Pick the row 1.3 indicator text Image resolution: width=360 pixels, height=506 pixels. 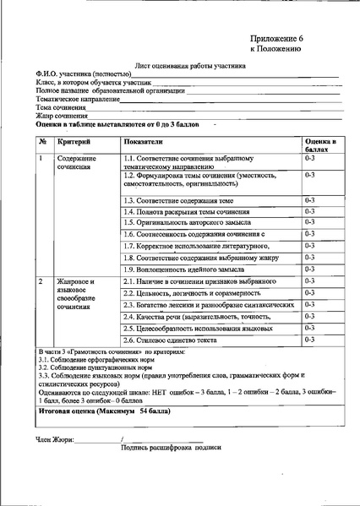pos(178,199)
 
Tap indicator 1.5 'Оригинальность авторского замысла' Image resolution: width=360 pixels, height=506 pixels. pos(187,222)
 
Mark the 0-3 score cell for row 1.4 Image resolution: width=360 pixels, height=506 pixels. pos(310,211)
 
